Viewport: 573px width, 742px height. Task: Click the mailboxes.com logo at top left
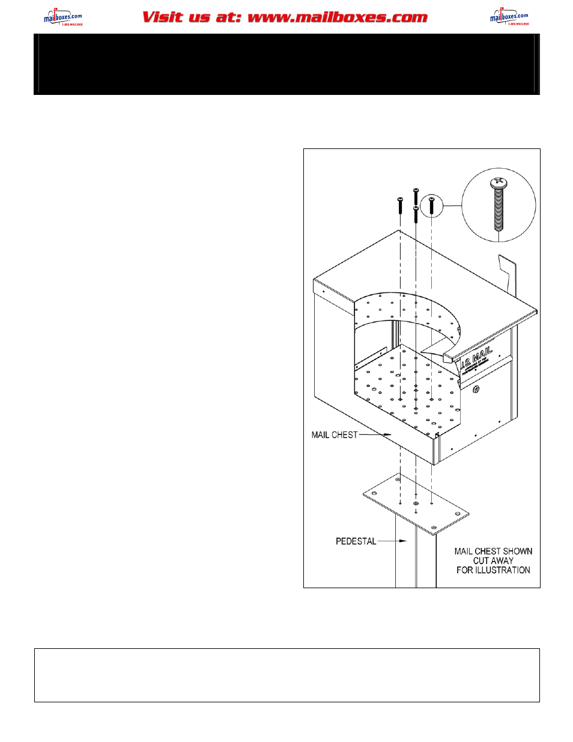(x=62, y=17)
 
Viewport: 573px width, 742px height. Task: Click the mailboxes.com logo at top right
(x=509, y=17)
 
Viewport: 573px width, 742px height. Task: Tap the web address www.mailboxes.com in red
(x=338, y=17)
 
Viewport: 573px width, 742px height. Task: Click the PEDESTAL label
(x=356, y=541)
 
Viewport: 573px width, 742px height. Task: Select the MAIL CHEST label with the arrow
(x=335, y=435)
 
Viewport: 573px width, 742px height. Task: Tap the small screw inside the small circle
(x=431, y=205)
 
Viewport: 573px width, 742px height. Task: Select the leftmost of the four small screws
(x=400, y=205)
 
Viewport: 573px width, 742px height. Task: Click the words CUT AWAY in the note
(x=493, y=561)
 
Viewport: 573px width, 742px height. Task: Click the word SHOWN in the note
(x=518, y=551)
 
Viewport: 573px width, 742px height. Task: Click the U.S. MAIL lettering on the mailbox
(x=478, y=359)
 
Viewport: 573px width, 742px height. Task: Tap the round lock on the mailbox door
(x=476, y=389)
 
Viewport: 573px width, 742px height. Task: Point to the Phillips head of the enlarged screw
(x=497, y=181)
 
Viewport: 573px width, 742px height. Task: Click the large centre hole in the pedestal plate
(x=416, y=503)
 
